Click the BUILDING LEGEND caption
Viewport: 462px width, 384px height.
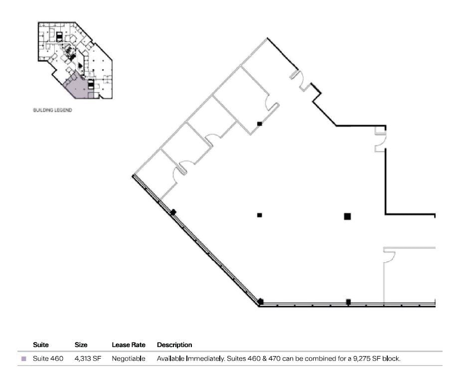pyautogui.click(x=52, y=110)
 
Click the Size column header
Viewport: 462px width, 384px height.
pyautogui.click(x=81, y=345)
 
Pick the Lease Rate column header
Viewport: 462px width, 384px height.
pyautogui.click(x=128, y=345)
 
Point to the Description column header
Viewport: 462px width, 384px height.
pyautogui.click(x=174, y=345)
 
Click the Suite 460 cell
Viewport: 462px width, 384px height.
pyautogui.click(x=48, y=359)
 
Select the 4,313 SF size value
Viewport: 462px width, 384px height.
pyautogui.click(x=88, y=359)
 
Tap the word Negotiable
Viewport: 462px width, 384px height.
pyautogui.click(x=128, y=359)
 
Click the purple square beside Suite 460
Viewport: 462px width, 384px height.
pyautogui.click(x=23, y=359)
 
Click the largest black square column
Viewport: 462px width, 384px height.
pyautogui.click(x=347, y=216)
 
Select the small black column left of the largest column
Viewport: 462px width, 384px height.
pyautogui.click(x=259, y=215)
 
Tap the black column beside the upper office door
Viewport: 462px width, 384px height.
pyautogui.click(x=259, y=123)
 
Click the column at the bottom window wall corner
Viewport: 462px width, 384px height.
pyautogui.click(x=260, y=302)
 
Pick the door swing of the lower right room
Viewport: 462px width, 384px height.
pyautogui.click(x=389, y=256)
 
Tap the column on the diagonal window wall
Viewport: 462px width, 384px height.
pyautogui.click(x=173, y=212)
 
